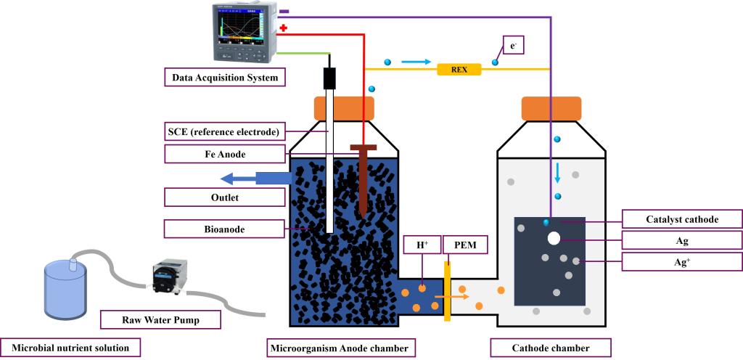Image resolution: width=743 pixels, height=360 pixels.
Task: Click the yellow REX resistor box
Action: point(459,70)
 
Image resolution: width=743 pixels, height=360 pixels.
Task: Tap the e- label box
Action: point(513,46)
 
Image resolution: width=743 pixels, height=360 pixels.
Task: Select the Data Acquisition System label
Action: point(224,77)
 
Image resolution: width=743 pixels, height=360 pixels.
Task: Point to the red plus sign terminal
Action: point(283,28)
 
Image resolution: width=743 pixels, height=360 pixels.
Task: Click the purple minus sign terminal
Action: point(284,12)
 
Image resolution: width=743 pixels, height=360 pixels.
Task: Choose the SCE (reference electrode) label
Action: point(224,131)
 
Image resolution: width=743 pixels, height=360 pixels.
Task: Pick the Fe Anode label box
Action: point(224,154)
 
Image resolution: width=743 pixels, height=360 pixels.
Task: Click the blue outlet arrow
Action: point(254,179)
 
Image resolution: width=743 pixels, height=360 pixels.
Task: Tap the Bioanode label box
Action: point(224,229)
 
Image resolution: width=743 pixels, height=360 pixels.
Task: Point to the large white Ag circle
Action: point(554,238)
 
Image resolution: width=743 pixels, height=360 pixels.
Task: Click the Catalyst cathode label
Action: point(683,219)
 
